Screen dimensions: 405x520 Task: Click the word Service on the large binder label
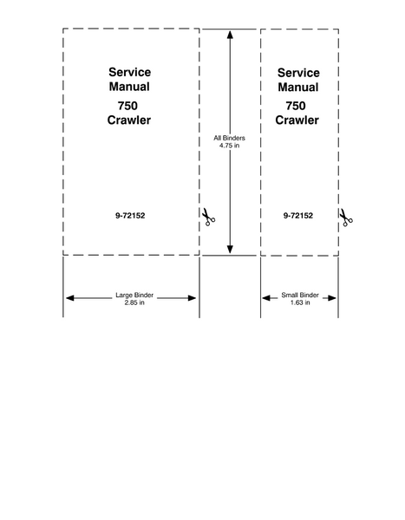click(x=129, y=72)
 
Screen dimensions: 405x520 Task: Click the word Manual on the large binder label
click(x=129, y=87)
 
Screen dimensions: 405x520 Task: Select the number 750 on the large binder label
click(x=127, y=106)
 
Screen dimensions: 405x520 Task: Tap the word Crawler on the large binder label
click(x=129, y=120)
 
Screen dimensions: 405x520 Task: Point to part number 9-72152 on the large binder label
click(x=130, y=216)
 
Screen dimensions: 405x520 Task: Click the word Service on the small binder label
click(x=298, y=73)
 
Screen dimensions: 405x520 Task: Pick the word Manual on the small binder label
click(x=298, y=88)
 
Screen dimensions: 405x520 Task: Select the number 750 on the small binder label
click(x=296, y=106)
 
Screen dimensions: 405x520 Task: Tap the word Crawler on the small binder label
click(x=297, y=120)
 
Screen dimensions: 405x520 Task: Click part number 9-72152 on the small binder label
click(x=298, y=216)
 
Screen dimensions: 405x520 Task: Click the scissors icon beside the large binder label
click(x=208, y=217)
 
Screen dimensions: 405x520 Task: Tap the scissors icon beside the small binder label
click(x=346, y=218)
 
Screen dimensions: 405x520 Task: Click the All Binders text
click(x=230, y=138)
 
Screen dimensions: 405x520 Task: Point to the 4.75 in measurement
click(x=230, y=146)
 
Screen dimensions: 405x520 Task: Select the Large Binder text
click(x=134, y=295)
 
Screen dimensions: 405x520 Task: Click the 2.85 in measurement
click(x=134, y=302)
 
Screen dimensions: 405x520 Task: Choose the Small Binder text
click(x=300, y=295)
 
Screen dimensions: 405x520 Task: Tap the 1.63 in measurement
click(x=300, y=302)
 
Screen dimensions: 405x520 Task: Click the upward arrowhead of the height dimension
click(x=230, y=34)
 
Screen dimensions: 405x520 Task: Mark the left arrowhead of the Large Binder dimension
click(x=69, y=298)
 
